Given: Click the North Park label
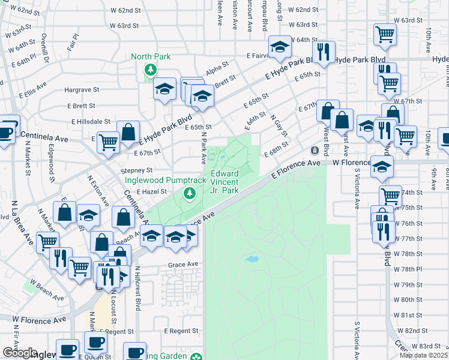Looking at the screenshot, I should (151, 57).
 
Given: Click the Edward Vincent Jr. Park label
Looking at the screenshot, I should (225, 182).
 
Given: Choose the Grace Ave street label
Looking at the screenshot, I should (183, 264).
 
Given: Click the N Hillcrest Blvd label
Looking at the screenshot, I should (137, 288).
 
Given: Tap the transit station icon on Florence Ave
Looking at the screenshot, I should (313, 150).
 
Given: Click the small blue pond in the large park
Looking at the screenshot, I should (252, 260).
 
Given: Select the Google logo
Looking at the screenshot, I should (20, 353).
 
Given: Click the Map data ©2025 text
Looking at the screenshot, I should (423, 355).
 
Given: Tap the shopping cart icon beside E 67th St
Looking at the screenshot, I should (108, 143).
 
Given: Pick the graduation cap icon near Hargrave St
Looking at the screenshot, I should (164, 89).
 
